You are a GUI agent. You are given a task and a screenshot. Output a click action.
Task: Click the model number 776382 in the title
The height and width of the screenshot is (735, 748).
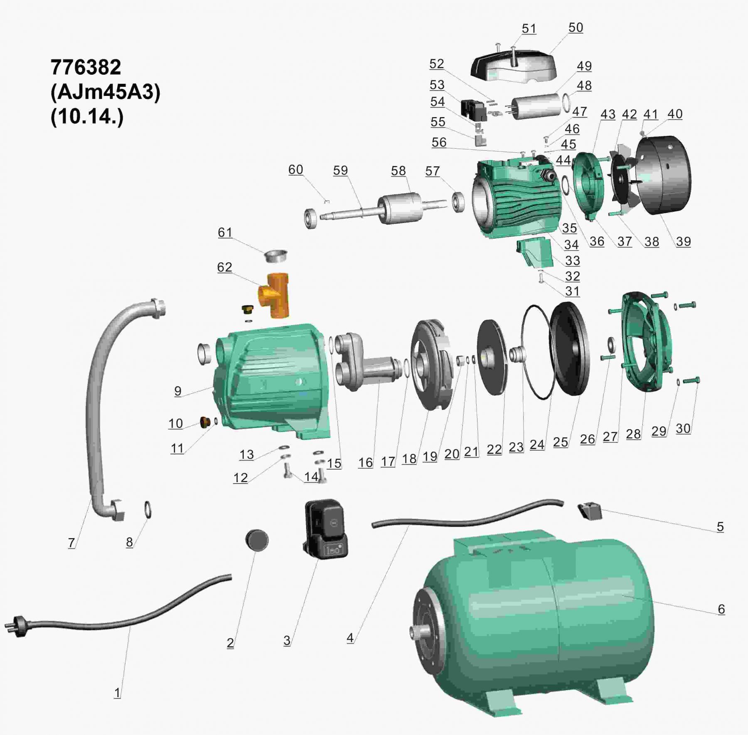pyautogui.click(x=86, y=67)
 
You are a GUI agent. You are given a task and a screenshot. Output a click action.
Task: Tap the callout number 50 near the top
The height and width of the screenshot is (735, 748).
pyautogui.click(x=576, y=28)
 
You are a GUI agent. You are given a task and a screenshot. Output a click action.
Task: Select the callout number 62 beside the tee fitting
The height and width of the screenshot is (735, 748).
pyautogui.click(x=224, y=267)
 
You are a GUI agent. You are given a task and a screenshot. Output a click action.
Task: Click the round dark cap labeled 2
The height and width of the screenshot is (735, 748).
pyautogui.click(x=257, y=540)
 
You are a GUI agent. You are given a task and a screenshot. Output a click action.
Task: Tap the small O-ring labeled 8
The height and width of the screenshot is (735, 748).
pyautogui.click(x=148, y=510)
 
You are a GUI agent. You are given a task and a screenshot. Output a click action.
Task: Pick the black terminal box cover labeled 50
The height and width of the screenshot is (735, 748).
pyautogui.click(x=513, y=66)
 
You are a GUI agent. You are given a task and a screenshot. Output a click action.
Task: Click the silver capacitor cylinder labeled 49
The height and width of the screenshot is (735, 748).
pyautogui.click(x=536, y=106)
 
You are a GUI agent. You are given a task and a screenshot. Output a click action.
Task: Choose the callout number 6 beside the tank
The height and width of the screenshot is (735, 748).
pyautogui.click(x=721, y=609)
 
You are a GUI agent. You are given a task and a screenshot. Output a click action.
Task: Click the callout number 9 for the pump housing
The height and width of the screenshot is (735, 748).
pyautogui.click(x=178, y=391)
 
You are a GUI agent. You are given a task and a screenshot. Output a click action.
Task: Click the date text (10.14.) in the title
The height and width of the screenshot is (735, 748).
pyautogui.click(x=87, y=117)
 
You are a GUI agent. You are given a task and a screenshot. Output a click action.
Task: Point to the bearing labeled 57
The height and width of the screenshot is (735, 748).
pyautogui.click(x=458, y=202)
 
